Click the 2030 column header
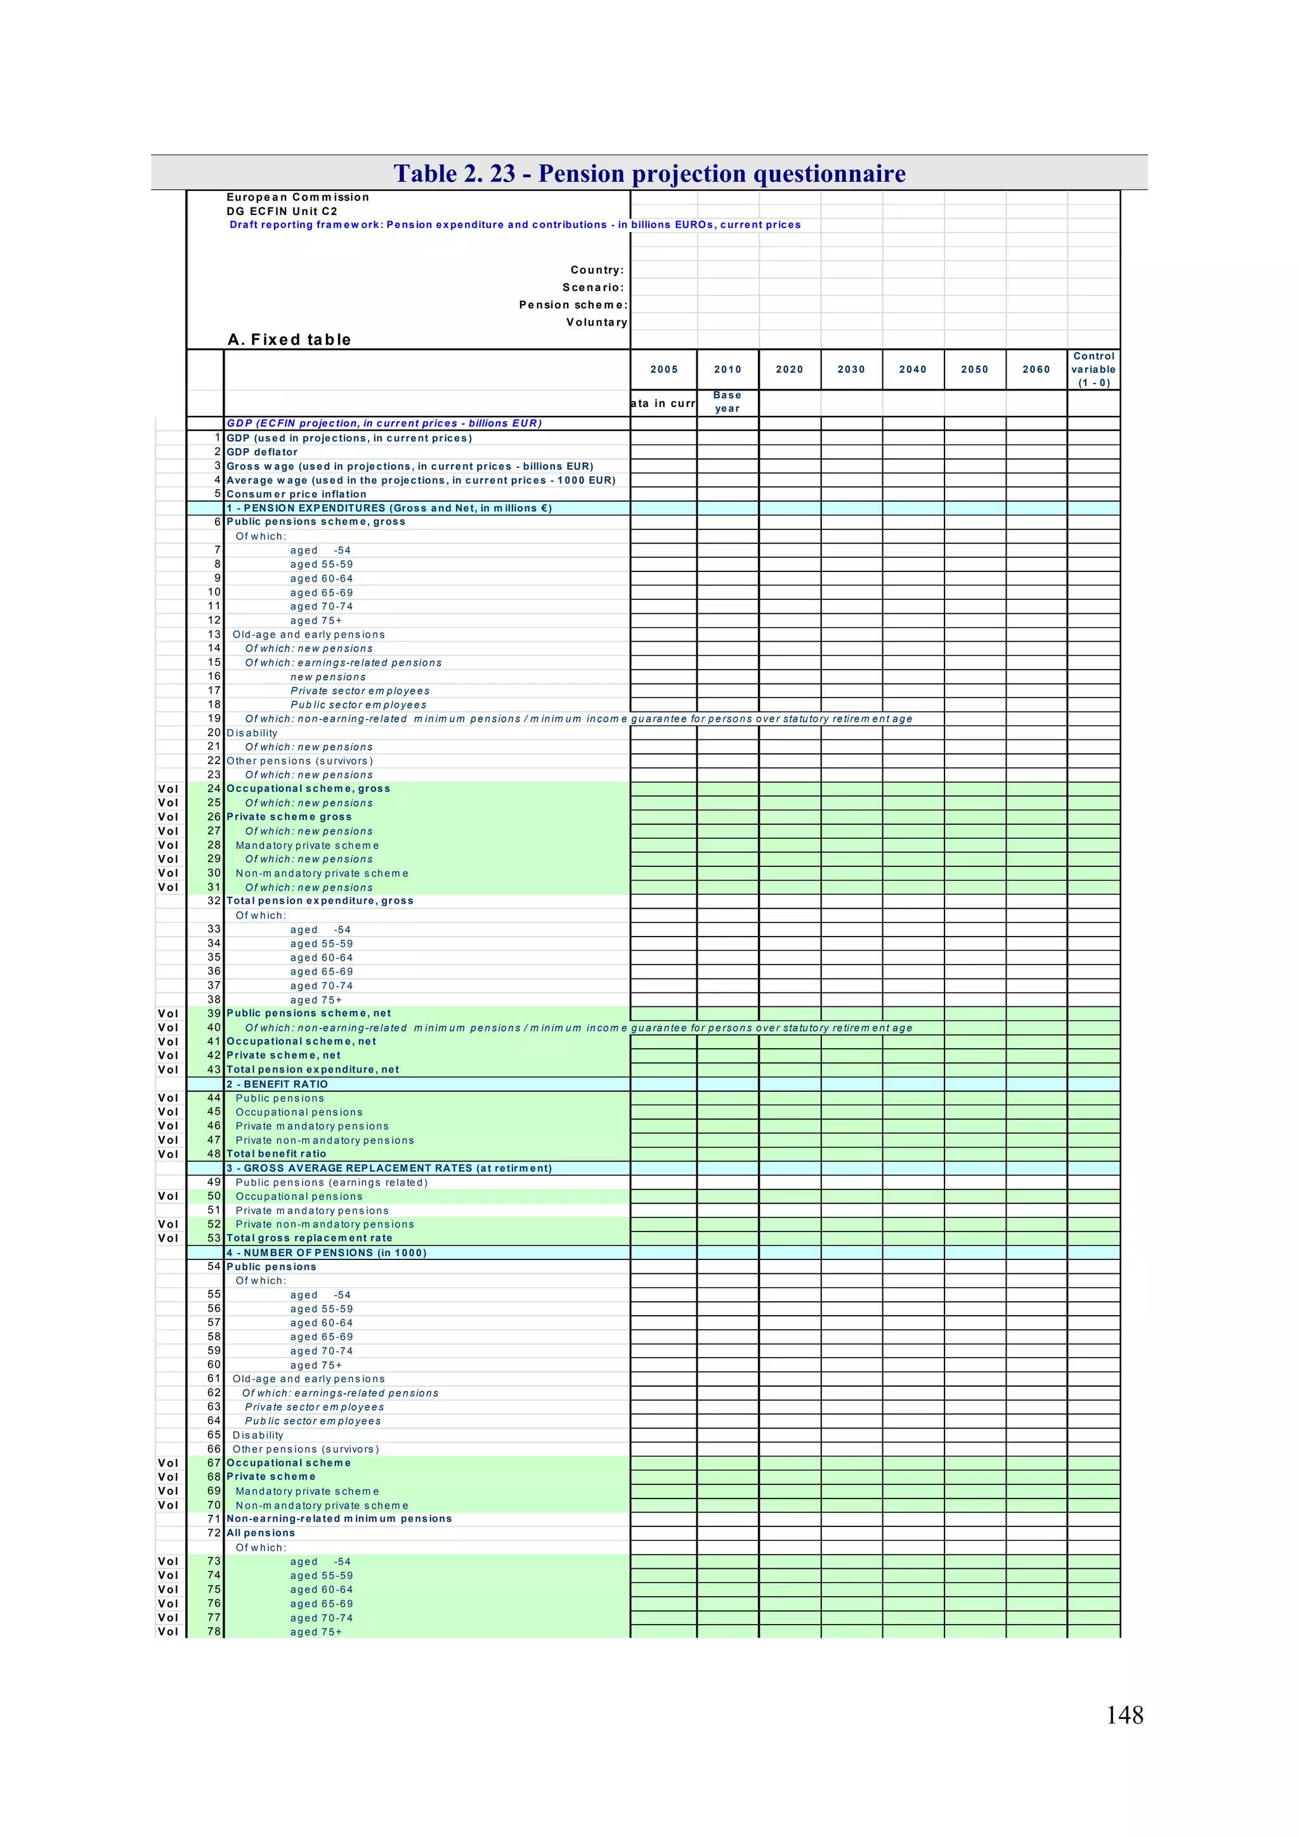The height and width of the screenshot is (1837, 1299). pos(851,369)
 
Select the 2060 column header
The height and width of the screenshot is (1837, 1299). pos(1036,369)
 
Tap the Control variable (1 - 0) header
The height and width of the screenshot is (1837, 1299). pos(1093,369)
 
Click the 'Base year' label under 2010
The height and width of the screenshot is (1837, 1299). pos(727,401)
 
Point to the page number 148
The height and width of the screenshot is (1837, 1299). pos(1124,1714)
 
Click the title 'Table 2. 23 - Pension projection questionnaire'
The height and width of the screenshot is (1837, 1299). pos(649,173)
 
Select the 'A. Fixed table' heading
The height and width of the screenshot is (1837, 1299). pos(289,339)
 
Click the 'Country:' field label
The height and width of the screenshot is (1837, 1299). pos(596,269)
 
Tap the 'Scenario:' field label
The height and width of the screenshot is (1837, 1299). pos(592,287)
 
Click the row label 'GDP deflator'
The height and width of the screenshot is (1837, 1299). pos(262,452)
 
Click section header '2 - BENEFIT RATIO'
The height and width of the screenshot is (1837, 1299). pos(277,1084)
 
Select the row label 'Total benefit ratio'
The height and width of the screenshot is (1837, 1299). pos(276,1153)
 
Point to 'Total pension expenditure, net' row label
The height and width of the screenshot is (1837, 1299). pos(312,1069)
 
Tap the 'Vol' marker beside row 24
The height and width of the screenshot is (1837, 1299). pos(168,788)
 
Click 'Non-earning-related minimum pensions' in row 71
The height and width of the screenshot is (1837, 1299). pos(339,1519)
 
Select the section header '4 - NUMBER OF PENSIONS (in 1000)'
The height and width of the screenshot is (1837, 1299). pos(326,1252)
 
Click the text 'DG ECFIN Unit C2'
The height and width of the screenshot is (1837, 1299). pos(282,211)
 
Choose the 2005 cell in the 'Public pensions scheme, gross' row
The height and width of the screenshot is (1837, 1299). pos(663,522)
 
